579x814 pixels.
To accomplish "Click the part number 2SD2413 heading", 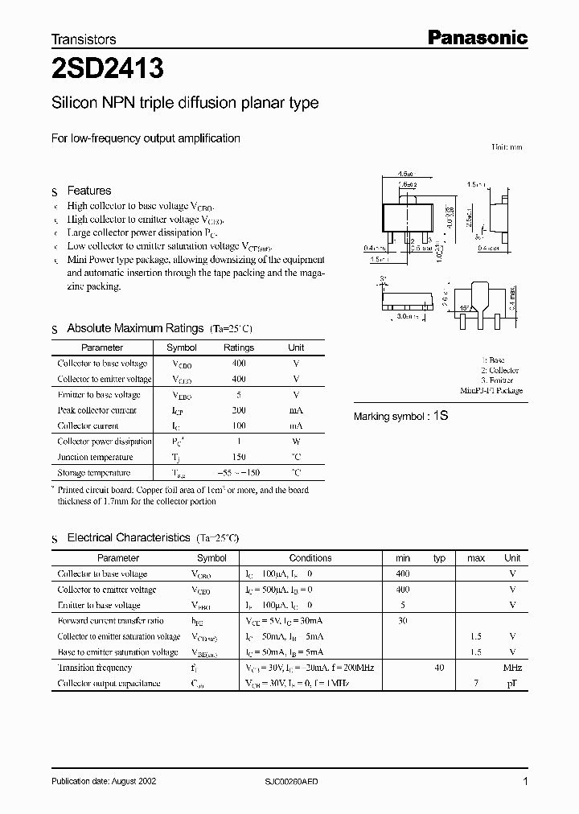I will pos(108,70).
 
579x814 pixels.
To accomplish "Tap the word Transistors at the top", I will pos(84,39).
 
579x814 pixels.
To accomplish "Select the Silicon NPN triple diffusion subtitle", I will pos(185,103).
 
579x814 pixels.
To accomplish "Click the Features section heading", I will pos(88,191).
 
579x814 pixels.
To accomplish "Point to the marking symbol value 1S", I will pos(441,416).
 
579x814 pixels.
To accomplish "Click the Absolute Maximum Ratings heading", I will pos(134,328).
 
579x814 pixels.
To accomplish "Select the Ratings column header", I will pos(238,347).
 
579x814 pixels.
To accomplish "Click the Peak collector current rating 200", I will pos(238,410).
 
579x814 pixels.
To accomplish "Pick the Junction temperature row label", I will pos(95,457).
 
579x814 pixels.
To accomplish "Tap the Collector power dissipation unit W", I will pos(296,442).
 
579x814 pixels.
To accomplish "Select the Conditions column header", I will pos(310,557).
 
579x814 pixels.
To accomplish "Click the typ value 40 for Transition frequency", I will pos(439,668).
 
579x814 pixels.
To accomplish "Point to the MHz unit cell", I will pos(511,668).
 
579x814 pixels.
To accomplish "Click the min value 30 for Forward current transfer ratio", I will pos(403,621).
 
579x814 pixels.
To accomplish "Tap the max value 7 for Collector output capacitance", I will pos(476,684).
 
